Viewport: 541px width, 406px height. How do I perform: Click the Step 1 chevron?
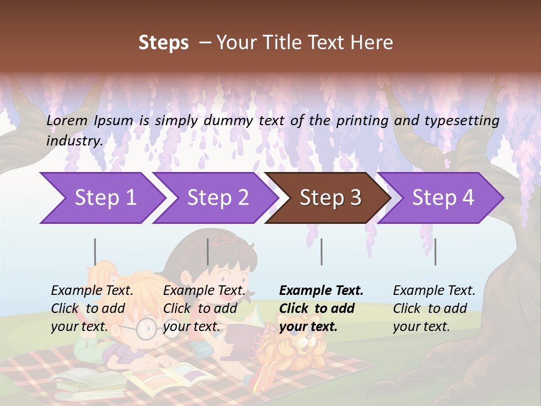pos(101,198)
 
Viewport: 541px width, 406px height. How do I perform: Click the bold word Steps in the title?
pos(163,43)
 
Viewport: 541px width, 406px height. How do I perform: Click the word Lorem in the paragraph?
pos(66,120)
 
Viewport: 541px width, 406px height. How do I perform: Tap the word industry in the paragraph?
pos(74,140)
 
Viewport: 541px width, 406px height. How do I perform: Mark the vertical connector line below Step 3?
pos(321,251)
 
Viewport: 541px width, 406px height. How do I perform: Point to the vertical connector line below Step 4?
pos(435,251)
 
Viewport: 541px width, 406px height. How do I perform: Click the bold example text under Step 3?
pos(321,308)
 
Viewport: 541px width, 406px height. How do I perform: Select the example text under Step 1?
pos(92,308)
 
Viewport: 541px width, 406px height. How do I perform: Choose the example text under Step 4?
pos(434,308)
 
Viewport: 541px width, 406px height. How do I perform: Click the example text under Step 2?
pos(204,308)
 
